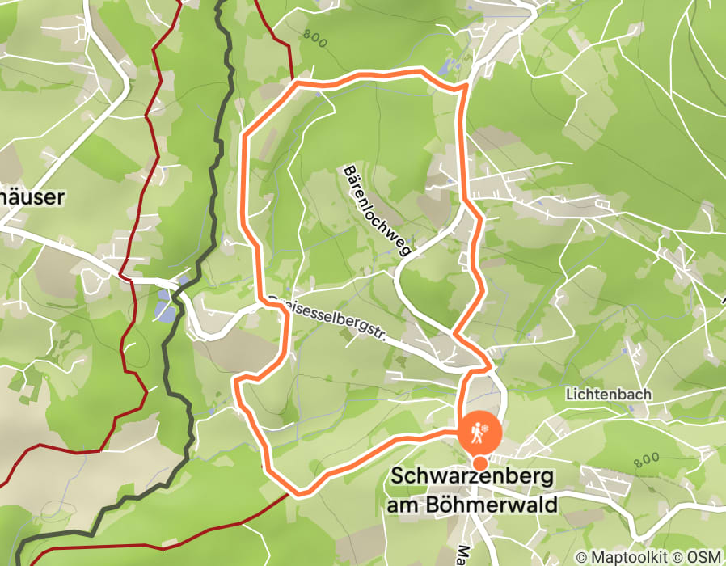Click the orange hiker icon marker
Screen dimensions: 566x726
[x=480, y=433]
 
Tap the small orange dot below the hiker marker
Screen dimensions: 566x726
[x=480, y=463]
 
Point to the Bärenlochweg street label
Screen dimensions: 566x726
[x=378, y=210]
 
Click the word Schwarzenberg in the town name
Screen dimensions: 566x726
[x=472, y=477]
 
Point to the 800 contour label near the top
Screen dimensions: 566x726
[x=315, y=39]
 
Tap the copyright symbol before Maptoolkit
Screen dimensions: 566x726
[x=581, y=557]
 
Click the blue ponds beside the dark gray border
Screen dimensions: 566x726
[x=166, y=304]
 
